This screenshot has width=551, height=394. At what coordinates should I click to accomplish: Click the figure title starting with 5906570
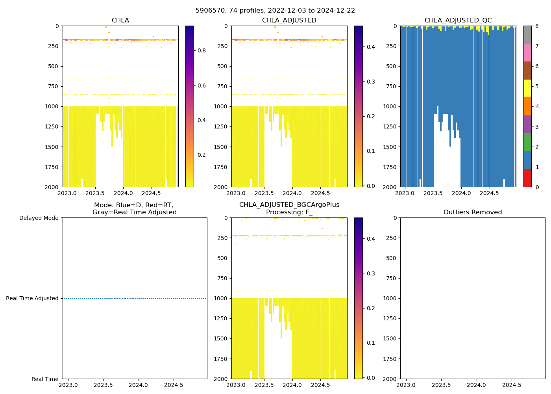(275, 11)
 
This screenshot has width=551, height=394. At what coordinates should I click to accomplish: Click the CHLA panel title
(120, 20)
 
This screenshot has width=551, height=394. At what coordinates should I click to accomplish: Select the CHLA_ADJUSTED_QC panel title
(458, 20)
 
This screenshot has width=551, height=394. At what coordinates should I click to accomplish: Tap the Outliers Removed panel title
(472, 212)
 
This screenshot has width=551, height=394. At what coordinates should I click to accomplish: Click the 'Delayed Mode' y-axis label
(39, 218)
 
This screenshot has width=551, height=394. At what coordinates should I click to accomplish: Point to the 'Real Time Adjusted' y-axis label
(32, 298)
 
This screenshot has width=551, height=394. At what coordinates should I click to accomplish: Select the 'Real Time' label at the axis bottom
(45, 379)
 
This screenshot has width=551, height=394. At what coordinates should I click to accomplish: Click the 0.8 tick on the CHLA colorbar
(202, 50)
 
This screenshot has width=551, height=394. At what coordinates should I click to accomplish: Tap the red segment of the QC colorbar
(527, 178)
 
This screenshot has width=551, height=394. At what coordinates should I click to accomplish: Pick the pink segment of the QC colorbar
(527, 52)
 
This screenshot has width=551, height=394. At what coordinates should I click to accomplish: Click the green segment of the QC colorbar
(527, 142)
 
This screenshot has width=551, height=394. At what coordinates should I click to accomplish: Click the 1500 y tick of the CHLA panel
(52, 147)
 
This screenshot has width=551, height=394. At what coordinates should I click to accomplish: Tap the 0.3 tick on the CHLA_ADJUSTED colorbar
(371, 82)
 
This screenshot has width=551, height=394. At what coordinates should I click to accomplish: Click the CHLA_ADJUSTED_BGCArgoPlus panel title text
(289, 205)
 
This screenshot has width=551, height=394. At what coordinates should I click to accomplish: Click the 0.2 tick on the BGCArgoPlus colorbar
(371, 308)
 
